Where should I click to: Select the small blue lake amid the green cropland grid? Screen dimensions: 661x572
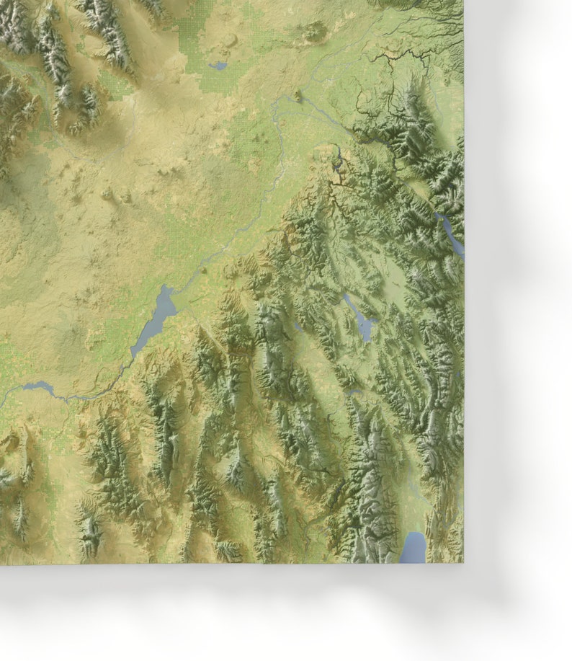point(218,66)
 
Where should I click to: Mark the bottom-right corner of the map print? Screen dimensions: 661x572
point(463,563)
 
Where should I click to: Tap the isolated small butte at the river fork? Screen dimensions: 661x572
point(298,96)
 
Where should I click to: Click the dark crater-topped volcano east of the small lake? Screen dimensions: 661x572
point(313,31)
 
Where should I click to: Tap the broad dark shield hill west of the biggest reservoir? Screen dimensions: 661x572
point(72,339)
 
